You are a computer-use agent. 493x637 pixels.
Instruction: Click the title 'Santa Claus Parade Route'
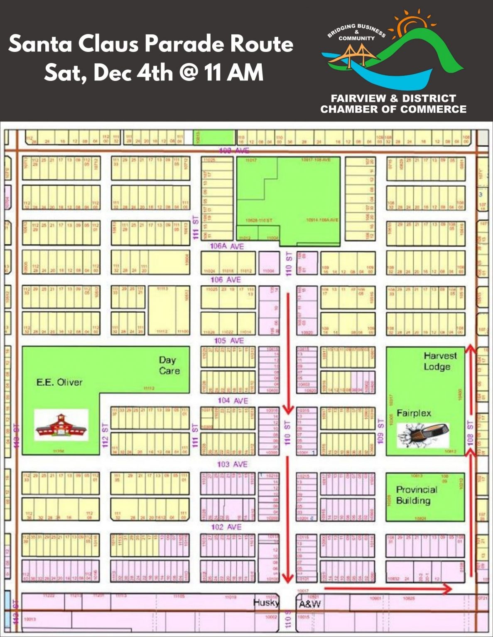click(151, 44)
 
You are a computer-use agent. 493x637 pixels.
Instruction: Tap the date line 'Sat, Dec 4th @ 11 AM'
click(154, 73)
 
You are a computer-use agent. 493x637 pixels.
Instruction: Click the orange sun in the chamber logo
click(409, 23)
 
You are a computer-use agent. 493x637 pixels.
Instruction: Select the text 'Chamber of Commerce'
click(393, 109)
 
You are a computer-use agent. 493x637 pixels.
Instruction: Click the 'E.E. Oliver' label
click(59, 382)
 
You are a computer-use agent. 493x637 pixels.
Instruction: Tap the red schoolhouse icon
click(61, 425)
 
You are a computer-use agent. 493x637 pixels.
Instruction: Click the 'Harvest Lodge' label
click(439, 361)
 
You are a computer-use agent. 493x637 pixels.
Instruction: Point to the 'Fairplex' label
click(414, 413)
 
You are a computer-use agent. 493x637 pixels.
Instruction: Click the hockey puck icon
click(423, 435)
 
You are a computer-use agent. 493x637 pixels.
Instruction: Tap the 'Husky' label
click(266, 602)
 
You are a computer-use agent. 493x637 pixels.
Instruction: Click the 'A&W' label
click(310, 604)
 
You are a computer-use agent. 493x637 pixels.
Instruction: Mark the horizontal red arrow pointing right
click(388, 588)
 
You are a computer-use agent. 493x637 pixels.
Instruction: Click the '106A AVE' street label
click(227, 246)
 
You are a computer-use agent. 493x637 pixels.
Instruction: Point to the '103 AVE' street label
click(232, 464)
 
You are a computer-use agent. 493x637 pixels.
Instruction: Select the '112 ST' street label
click(105, 435)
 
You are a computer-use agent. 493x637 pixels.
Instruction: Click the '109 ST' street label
click(380, 431)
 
